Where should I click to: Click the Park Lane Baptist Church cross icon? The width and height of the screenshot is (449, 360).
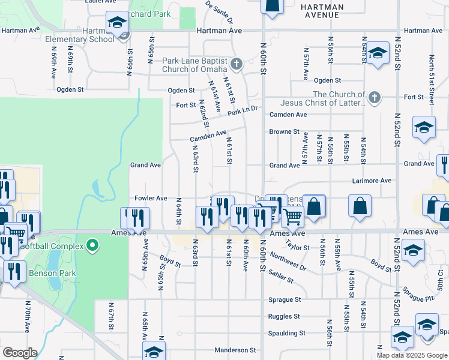pos(237,64)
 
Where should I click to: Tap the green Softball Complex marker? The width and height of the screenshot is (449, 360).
pos(92,245)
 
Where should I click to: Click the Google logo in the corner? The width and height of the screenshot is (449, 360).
pos(20,353)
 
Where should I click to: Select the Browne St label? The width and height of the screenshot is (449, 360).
pos(284,131)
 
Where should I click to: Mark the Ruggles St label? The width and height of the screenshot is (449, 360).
pos(284,316)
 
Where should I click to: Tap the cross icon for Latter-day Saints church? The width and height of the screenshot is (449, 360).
pos(375,97)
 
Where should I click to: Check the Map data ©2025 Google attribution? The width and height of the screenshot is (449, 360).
pos(412,355)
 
